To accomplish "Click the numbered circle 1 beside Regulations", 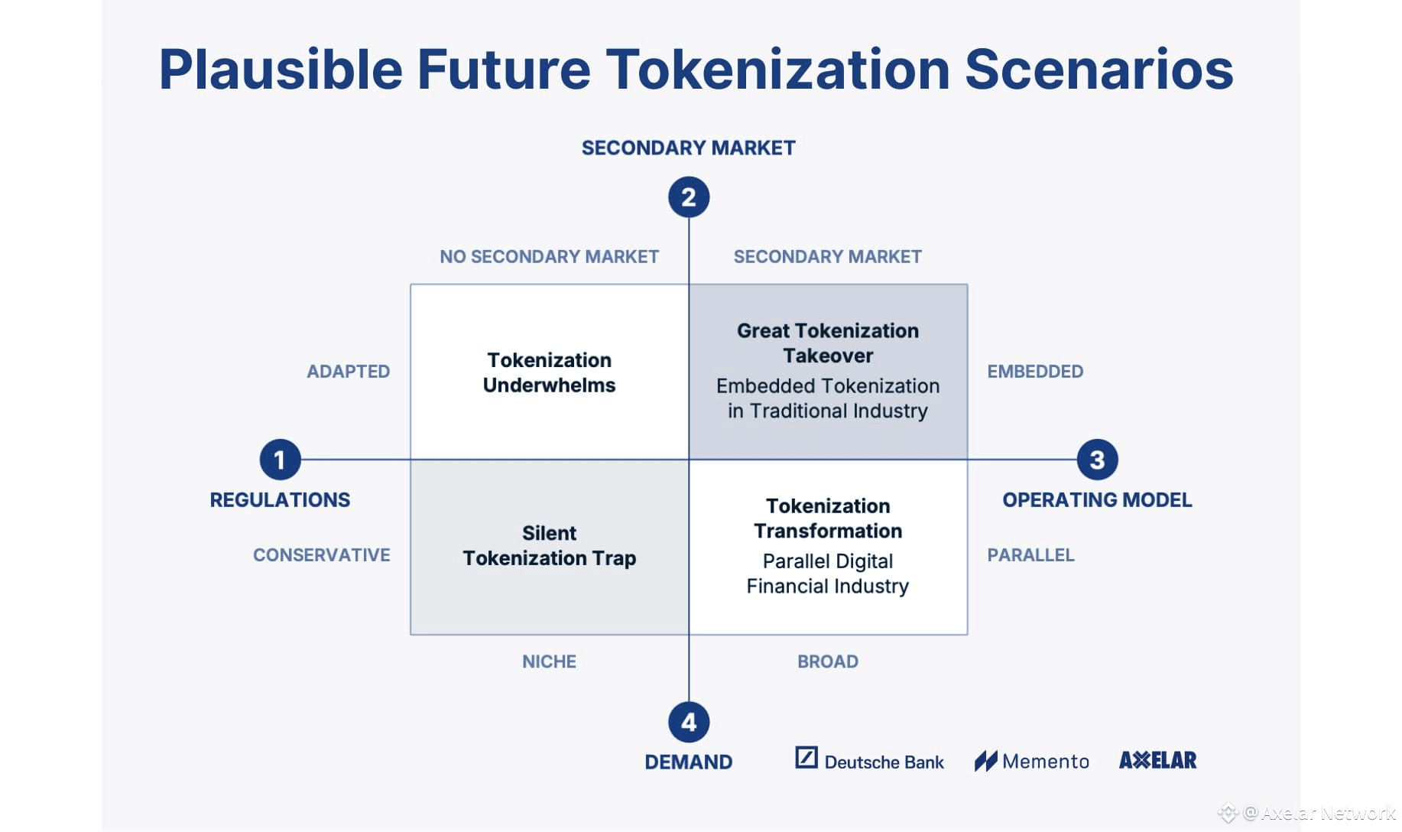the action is pos(280,460).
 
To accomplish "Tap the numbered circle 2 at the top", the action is pos(689,197).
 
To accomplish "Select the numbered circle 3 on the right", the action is pos(1097,460).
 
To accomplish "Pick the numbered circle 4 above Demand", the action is pos(689,722).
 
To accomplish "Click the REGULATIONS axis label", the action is pos(280,500).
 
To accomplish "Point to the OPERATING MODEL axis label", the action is pos(1097,500).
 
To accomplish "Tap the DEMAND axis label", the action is pos(689,762).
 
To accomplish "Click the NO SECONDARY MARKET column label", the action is pos(549,257).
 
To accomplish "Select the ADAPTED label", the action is pos(349,372).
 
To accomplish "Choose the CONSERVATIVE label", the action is pos(322,555).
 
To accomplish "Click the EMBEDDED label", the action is pos(1035,372).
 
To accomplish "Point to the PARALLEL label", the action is pos(1030,555).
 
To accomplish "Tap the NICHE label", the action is pos(549,661).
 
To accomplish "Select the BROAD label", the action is pos(828,661).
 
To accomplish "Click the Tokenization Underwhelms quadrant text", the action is pos(549,372).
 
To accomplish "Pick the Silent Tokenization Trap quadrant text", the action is pos(549,545).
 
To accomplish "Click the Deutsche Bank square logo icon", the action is pos(806,757).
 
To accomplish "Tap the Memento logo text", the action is pos(1045,762).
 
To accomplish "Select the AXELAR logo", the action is pos(1157,760).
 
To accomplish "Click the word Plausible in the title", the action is pos(281,70).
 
